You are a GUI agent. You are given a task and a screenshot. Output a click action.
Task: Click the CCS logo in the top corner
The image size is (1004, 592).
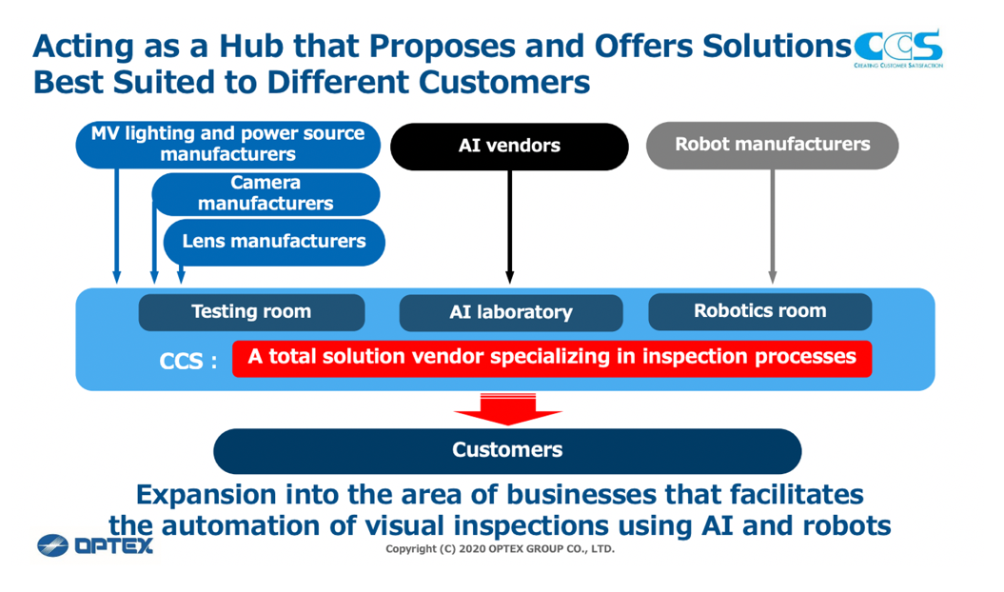(x=898, y=49)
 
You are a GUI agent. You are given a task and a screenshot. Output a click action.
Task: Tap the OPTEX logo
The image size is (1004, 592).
(x=95, y=545)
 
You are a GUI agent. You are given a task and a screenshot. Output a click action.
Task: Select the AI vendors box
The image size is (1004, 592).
(x=510, y=146)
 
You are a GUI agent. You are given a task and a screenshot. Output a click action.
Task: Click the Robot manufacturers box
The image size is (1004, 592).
(x=772, y=146)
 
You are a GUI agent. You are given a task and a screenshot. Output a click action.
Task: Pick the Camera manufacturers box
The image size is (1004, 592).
(x=266, y=193)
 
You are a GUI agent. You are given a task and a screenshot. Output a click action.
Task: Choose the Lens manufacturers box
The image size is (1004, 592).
(x=274, y=242)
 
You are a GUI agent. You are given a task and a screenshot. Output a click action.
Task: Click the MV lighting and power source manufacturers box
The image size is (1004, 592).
(x=228, y=144)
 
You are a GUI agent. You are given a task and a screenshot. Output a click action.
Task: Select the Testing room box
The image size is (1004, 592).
(x=251, y=312)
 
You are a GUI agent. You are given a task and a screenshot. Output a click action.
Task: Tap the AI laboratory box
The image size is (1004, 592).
(x=511, y=313)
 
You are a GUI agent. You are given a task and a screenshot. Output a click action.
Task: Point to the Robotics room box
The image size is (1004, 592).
(x=760, y=311)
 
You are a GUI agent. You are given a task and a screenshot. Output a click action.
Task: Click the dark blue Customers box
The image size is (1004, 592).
(x=507, y=450)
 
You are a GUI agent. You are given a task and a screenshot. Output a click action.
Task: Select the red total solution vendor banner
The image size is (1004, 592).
(x=552, y=358)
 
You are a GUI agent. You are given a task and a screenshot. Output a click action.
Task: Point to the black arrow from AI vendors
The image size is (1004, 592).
(x=510, y=227)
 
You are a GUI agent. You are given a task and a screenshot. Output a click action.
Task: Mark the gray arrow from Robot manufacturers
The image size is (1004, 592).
(x=772, y=227)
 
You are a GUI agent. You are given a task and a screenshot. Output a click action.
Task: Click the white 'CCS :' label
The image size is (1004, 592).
(x=188, y=362)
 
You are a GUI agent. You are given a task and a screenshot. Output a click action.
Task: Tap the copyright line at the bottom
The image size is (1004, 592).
(x=500, y=549)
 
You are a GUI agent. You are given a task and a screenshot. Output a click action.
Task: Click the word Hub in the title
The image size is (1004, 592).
(x=250, y=46)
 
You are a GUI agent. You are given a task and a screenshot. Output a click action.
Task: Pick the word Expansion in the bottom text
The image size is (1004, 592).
(x=207, y=495)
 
